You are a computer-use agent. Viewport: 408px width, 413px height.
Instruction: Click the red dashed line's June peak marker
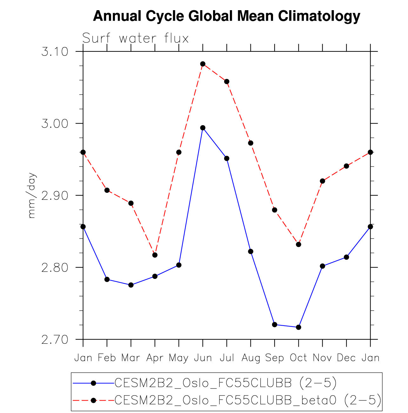pos(203,64)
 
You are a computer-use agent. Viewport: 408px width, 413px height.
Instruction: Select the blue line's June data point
pos(203,128)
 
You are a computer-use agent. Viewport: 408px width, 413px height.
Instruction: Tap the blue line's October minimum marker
pos(298,327)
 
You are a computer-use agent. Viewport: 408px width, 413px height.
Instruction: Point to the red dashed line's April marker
pos(155,255)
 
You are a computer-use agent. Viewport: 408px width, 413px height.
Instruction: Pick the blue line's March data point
pos(131,285)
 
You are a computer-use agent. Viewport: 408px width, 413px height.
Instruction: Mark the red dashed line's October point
pos(298,244)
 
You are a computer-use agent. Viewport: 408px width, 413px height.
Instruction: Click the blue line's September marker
pos(275,324)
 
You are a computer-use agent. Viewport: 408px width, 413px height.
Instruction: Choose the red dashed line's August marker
pos(251,143)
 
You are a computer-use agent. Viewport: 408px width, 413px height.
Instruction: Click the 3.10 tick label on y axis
pos(55,51)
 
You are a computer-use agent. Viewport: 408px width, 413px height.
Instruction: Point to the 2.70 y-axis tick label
pos(55,340)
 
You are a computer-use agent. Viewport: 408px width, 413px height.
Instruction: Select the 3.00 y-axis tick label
pos(55,123)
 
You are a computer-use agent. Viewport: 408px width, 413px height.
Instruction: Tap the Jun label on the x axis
pos(203,358)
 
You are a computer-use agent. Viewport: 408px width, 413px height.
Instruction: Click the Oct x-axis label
pos(298,358)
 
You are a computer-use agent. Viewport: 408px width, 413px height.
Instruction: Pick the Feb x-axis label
pos(107,358)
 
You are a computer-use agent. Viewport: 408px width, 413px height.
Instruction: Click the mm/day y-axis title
pos(32,195)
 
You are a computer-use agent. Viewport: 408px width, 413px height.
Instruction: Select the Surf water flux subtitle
pos(136,38)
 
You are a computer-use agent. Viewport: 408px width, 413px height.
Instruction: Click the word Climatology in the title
pos(319,16)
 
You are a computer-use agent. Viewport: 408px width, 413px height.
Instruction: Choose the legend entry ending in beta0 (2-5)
pos(248,400)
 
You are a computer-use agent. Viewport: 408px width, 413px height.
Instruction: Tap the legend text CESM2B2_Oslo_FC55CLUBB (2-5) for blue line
pos(225,383)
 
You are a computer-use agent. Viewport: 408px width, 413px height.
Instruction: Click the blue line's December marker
pos(346,257)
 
